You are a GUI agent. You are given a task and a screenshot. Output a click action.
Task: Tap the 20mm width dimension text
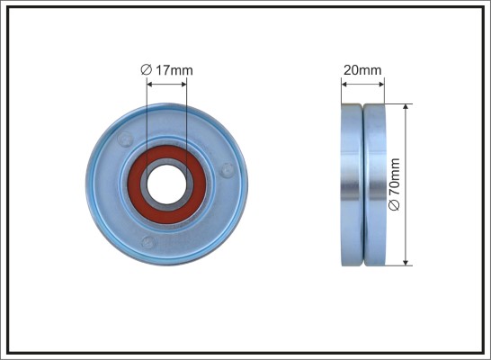click(362, 70)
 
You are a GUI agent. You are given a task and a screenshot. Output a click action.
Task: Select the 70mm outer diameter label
click(394, 184)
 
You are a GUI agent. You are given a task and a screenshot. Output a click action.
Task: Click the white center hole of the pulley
click(166, 184)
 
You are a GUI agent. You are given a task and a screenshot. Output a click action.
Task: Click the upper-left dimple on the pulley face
click(125, 139)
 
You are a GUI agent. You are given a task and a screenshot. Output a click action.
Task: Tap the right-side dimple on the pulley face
click(227, 170)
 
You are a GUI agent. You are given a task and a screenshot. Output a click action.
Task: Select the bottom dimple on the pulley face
click(148, 242)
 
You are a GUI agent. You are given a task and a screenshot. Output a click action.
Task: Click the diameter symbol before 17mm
click(147, 70)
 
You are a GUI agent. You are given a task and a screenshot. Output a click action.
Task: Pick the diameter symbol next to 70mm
click(394, 205)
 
